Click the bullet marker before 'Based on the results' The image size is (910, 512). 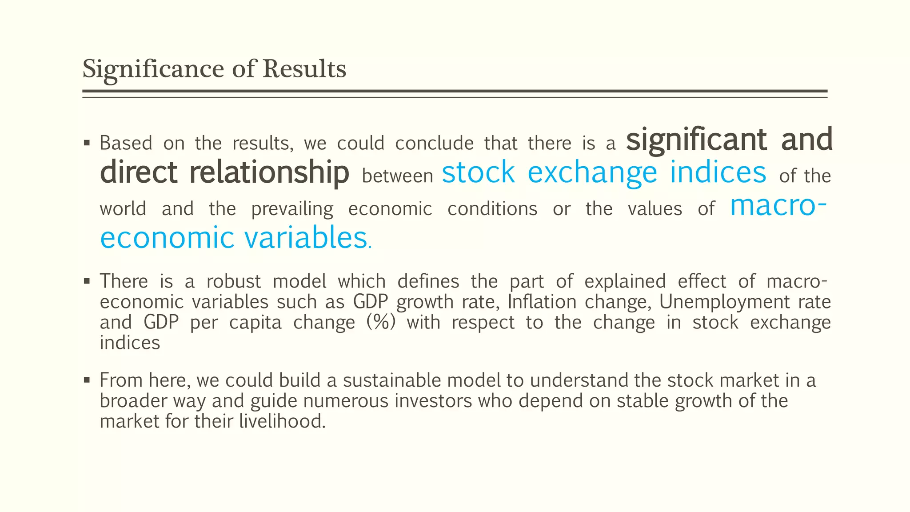coord(87,143)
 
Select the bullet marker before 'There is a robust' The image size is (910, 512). coord(87,281)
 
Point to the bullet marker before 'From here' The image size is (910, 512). coord(87,380)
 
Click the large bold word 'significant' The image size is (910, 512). coord(696,140)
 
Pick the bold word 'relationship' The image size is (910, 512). coord(269,172)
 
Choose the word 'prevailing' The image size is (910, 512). coord(292,209)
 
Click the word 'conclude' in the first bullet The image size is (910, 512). coord(434,144)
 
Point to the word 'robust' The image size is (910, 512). coord(234,282)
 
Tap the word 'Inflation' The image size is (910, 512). coord(542,302)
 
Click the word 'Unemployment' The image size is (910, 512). coord(724,302)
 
